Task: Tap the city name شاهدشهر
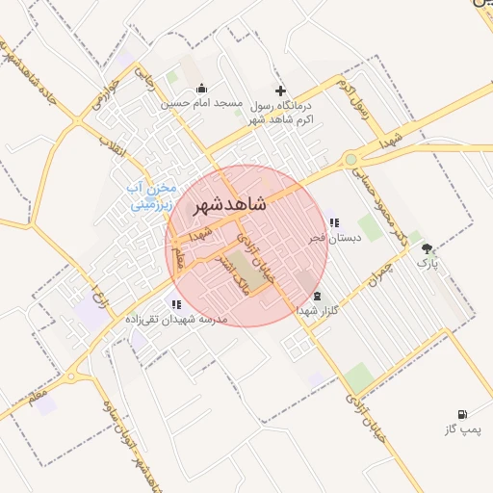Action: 229,204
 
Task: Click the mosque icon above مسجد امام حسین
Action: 201,89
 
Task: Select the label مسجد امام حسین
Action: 200,103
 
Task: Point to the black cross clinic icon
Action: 280,90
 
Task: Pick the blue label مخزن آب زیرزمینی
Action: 151,195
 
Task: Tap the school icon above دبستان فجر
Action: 334,222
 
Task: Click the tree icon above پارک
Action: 427,248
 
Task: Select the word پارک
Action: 427,262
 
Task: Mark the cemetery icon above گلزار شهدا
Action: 318,297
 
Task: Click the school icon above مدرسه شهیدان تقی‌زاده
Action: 175,304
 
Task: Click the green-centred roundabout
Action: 350,160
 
